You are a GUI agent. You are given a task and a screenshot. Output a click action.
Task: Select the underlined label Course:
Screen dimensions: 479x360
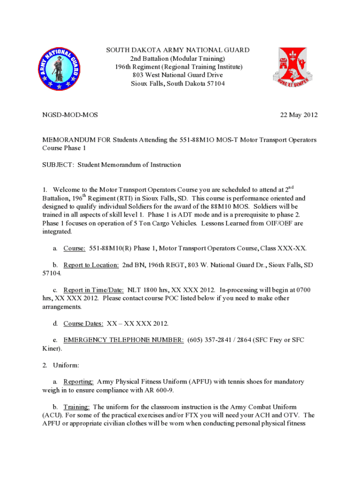coord(74,248)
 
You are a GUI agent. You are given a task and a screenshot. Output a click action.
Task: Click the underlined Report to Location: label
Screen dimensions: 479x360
coord(91,265)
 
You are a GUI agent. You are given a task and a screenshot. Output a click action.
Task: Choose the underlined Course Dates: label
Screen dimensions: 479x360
coord(83,323)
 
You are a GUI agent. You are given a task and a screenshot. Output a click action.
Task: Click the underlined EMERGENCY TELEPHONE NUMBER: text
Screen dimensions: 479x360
coord(123,340)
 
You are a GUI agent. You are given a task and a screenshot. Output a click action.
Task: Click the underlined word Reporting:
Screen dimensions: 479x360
coord(79,382)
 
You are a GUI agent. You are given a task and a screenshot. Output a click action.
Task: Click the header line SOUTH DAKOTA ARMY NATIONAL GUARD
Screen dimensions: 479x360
coord(178,50)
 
